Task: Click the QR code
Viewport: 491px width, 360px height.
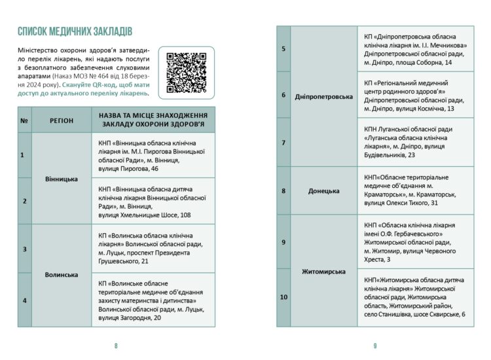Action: point(186,71)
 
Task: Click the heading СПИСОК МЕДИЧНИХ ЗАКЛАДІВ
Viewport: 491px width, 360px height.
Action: point(75,31)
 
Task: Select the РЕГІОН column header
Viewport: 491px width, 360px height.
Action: point(62,120)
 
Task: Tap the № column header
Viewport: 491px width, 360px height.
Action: point(24,120)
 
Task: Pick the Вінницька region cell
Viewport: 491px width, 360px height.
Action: point(62,178)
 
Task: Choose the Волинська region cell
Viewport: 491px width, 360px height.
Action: point(62,274)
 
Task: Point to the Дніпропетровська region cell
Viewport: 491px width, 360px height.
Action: point(324,96)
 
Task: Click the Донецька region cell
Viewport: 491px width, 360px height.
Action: point(324,190)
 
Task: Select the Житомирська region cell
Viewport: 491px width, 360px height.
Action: point(324,270)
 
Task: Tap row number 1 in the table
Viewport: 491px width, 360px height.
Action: point(24,155)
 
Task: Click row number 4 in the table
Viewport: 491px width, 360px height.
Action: point(24,300)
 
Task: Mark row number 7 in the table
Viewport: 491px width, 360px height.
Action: point(283,142)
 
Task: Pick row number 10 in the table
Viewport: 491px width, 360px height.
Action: point(283,297)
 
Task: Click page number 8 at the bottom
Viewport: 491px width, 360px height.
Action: point(116,346)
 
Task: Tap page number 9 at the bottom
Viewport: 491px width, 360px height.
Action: point(375,346)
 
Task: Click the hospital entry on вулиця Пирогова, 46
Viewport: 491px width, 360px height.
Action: point(152,155)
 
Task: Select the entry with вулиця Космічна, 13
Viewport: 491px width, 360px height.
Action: point(415,95)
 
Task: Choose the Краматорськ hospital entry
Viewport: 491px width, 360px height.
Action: point(415,190)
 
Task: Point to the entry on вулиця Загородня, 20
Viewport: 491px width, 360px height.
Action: point(152,300)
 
